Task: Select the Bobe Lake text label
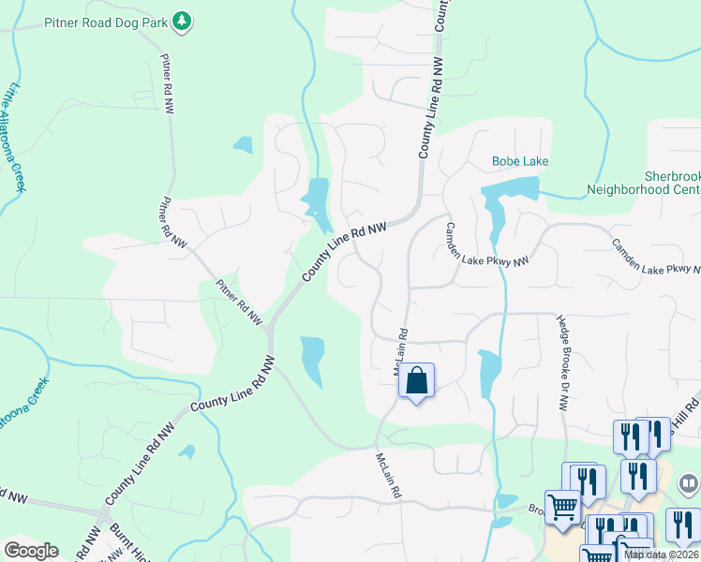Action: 520,161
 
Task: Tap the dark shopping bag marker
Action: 416,381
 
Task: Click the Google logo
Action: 31,551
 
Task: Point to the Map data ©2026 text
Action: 662,555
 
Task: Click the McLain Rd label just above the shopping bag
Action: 400,352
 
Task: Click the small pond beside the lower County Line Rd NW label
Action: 186,451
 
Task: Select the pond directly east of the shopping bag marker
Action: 489,374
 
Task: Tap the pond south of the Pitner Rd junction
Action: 311,359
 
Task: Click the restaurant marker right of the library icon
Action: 682,525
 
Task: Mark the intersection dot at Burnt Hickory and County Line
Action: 101,514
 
